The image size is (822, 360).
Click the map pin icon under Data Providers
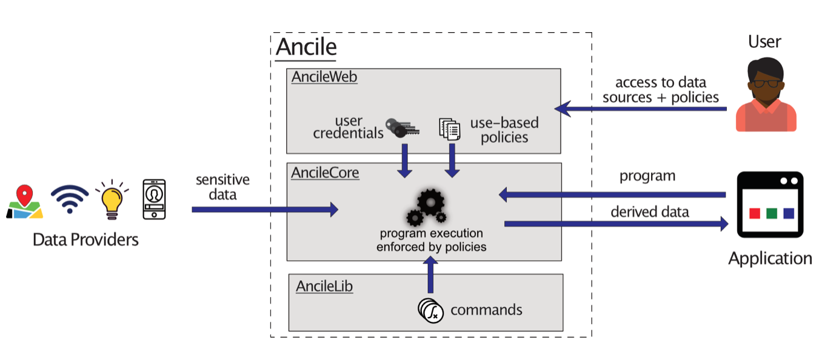click(x=24, y=202)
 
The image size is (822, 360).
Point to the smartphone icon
click(x=154, y=199)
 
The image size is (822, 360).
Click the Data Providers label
click(x=85, y=240)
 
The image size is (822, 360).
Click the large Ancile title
click(x=306, y=47)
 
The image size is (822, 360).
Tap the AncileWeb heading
click(x=324, y=77)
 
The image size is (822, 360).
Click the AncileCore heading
click(x=325, y=173)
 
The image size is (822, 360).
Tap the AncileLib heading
click(x=324, y=286)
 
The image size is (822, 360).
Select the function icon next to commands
click(x=430, y=310)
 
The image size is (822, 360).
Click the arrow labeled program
click(x=612, y=195)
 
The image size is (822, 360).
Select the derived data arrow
click(x=616, y=224)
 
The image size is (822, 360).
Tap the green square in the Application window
click(x=772, y=213)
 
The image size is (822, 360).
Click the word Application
click(x=770, y=259)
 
